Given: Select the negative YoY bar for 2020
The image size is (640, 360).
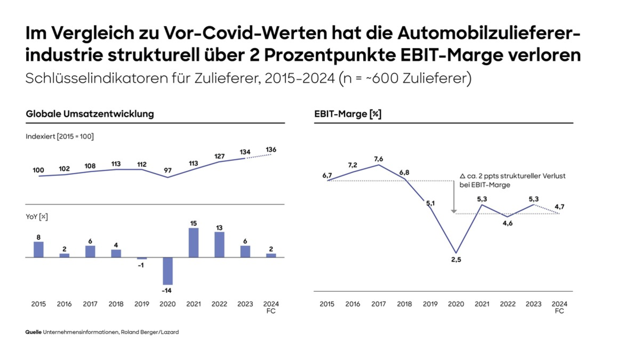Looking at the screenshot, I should coord(167,271).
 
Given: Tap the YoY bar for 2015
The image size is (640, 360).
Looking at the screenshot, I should coord(38,250).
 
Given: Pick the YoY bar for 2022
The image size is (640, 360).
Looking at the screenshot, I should coord(219,244).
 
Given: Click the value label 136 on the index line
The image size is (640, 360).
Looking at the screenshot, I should coord(271,150).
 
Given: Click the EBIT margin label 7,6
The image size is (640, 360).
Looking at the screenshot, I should coord(379,159).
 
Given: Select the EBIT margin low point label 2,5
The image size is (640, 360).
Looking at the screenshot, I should coord(455,260).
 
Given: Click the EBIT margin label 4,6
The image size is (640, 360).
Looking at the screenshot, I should coord(507,223).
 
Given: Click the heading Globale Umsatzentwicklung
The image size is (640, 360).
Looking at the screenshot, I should coord(90,114).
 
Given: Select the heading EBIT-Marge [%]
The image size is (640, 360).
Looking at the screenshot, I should coord(348,114).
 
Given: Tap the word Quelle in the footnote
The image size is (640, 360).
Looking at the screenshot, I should coord(33,332).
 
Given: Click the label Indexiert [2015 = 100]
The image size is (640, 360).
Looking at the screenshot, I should coord(59,137).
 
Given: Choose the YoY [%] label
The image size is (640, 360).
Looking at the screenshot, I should coord(37,217).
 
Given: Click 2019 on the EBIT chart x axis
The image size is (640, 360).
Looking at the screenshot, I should coord(430,304).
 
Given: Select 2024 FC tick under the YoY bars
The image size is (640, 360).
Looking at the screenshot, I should coord(271,307).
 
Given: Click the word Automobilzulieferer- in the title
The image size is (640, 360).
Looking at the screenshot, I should coord(489,34).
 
